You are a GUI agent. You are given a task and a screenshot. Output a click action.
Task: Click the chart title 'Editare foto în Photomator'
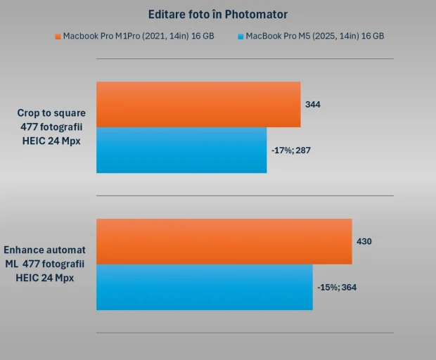click(x=218, y=14)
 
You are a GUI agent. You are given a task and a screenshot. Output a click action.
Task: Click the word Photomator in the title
click(x=256, y=14)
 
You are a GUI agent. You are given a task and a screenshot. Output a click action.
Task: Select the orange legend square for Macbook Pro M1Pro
click(x=58, y=36)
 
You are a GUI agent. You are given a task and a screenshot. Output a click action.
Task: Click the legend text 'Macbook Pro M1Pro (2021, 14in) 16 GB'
click(x=139, y=36)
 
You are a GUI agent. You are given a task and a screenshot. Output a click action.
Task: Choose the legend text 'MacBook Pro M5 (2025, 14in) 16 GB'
click(x=314, y=36)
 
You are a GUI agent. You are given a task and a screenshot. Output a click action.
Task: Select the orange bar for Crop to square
click(x=198, y=104)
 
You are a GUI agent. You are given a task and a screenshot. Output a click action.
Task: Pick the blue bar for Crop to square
click(x=181, y=150)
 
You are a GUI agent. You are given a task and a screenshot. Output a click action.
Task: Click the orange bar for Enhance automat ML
click(x=224, y=241)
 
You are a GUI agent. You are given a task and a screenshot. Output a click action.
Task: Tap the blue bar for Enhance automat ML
click(x=204, y=287)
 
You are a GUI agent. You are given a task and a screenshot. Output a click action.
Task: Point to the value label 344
click(x=313, y=104)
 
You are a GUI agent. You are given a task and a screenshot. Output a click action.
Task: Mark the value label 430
click(x=364, y=241)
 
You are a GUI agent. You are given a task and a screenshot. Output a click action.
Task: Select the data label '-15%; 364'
click(x=337, y=287)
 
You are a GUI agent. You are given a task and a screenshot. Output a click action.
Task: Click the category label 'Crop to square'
click(x=51, y=112)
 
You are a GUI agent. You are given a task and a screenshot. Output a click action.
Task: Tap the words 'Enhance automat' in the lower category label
click(x=45, y=250)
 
